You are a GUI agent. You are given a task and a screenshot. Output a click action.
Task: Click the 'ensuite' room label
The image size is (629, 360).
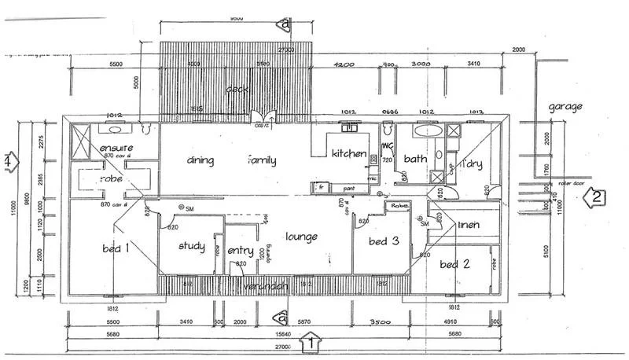[x=116, y=148]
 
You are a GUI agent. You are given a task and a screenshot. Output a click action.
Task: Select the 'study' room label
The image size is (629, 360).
[x=191, y=246]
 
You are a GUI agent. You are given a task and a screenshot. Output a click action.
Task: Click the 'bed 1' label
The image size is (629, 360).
[x=116, y=248]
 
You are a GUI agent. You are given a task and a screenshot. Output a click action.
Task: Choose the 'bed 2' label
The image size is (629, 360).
[x=454, y=263]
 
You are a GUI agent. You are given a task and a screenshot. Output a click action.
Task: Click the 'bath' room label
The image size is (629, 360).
[x=414, y=159]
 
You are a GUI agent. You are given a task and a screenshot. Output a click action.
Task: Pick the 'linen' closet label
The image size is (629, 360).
[x=469, y=226]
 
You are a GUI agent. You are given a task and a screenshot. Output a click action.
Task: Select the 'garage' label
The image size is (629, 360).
[x=566, y=105]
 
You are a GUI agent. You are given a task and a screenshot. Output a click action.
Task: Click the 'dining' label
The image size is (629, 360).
[x=200, y=160]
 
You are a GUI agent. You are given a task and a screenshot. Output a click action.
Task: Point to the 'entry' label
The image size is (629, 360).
[x=240, y=251]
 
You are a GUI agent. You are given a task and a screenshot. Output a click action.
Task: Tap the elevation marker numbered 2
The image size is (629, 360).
[x=598, y=197]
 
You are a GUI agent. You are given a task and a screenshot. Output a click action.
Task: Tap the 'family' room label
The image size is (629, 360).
[x=262, y=160]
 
